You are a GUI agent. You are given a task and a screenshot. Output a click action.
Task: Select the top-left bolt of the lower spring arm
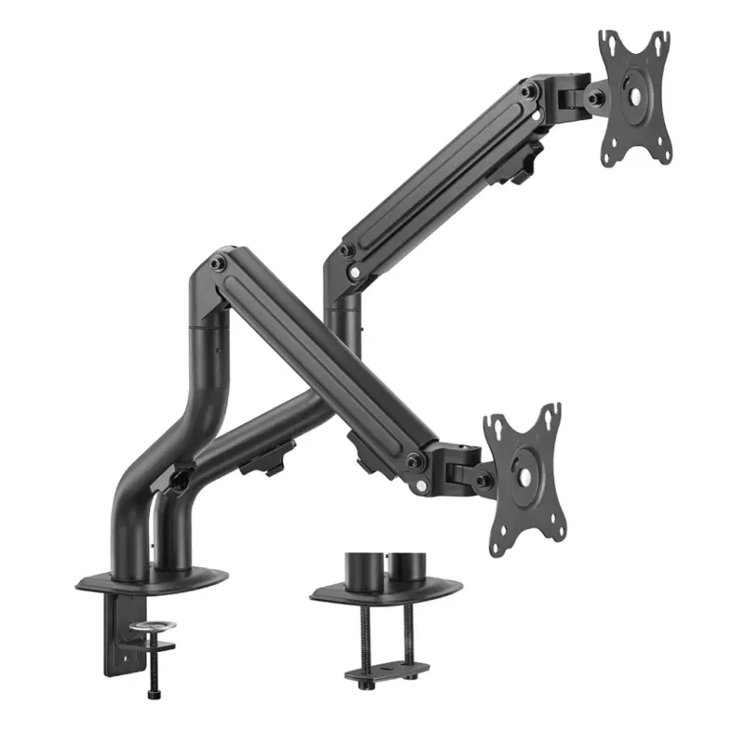pyautogui.click(x=220, y=264)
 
